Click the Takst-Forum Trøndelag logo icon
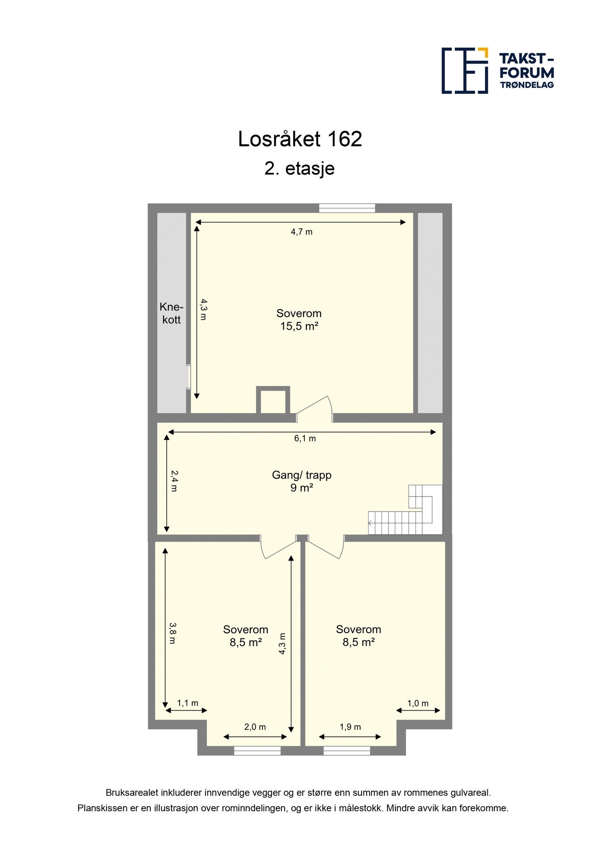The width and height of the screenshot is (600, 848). point(464,71)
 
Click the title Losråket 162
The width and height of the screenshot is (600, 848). point(300,139)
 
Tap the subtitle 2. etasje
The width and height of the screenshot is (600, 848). point(299,168)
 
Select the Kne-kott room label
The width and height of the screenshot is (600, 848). point(172,313)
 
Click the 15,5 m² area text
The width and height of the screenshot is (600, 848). point(299,326)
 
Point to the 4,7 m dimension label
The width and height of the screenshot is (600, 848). point(302,232)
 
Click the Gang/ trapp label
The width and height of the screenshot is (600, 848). point(302,475)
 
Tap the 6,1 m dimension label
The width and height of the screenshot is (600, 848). point(305,439)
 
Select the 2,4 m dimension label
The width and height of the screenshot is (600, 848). point(173,481)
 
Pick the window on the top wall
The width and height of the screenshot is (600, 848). point(347,208)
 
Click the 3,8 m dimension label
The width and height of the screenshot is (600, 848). point(173,633)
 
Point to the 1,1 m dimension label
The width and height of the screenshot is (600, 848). point(188,703)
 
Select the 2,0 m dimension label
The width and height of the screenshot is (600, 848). point(255,727)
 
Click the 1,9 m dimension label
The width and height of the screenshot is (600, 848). point(350,727)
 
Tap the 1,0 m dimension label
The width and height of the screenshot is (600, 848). point(418,704)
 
